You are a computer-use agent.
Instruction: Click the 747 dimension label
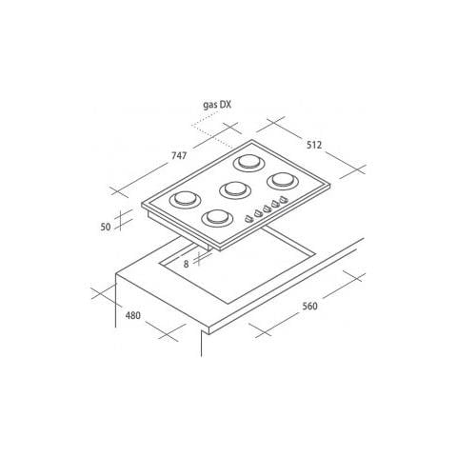click(179, 156)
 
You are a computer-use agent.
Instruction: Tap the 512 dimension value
click(314, 145)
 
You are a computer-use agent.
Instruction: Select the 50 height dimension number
click(106, 227)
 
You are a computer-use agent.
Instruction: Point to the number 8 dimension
click(186, 264)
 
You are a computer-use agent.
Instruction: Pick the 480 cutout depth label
click(133, 315)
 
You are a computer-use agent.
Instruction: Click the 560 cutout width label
click(309, 306)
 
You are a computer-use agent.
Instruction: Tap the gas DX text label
click(217, 105)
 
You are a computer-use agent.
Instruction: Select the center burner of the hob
click(235, 190)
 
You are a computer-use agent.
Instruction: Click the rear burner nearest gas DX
click(249, 163)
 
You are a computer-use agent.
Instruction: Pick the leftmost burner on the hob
click(185, 200)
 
